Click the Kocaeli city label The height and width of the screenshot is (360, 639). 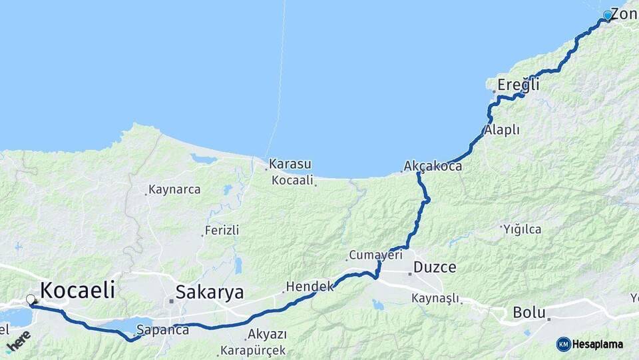pos(78,290)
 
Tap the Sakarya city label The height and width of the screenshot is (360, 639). pos(210,292)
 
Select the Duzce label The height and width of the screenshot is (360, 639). pos(435,267)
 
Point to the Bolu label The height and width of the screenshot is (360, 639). pos(529,312)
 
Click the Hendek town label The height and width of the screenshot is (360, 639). pos(309,287)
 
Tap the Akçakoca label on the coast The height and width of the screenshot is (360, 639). pos(433,166)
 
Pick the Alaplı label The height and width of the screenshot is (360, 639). pos(502,130)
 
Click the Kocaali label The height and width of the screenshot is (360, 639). pos(292,180)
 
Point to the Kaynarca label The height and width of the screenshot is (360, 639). pos(174,189)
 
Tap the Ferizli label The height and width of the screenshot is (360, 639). pos(222,231)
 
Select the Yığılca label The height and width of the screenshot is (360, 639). pos(523,229)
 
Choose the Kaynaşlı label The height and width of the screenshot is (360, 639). pos(435,298)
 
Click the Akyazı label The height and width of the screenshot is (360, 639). pos(266,334)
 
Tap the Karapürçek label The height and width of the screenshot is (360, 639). pos(255,350)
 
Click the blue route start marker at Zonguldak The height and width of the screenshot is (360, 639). pos(607,15)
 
